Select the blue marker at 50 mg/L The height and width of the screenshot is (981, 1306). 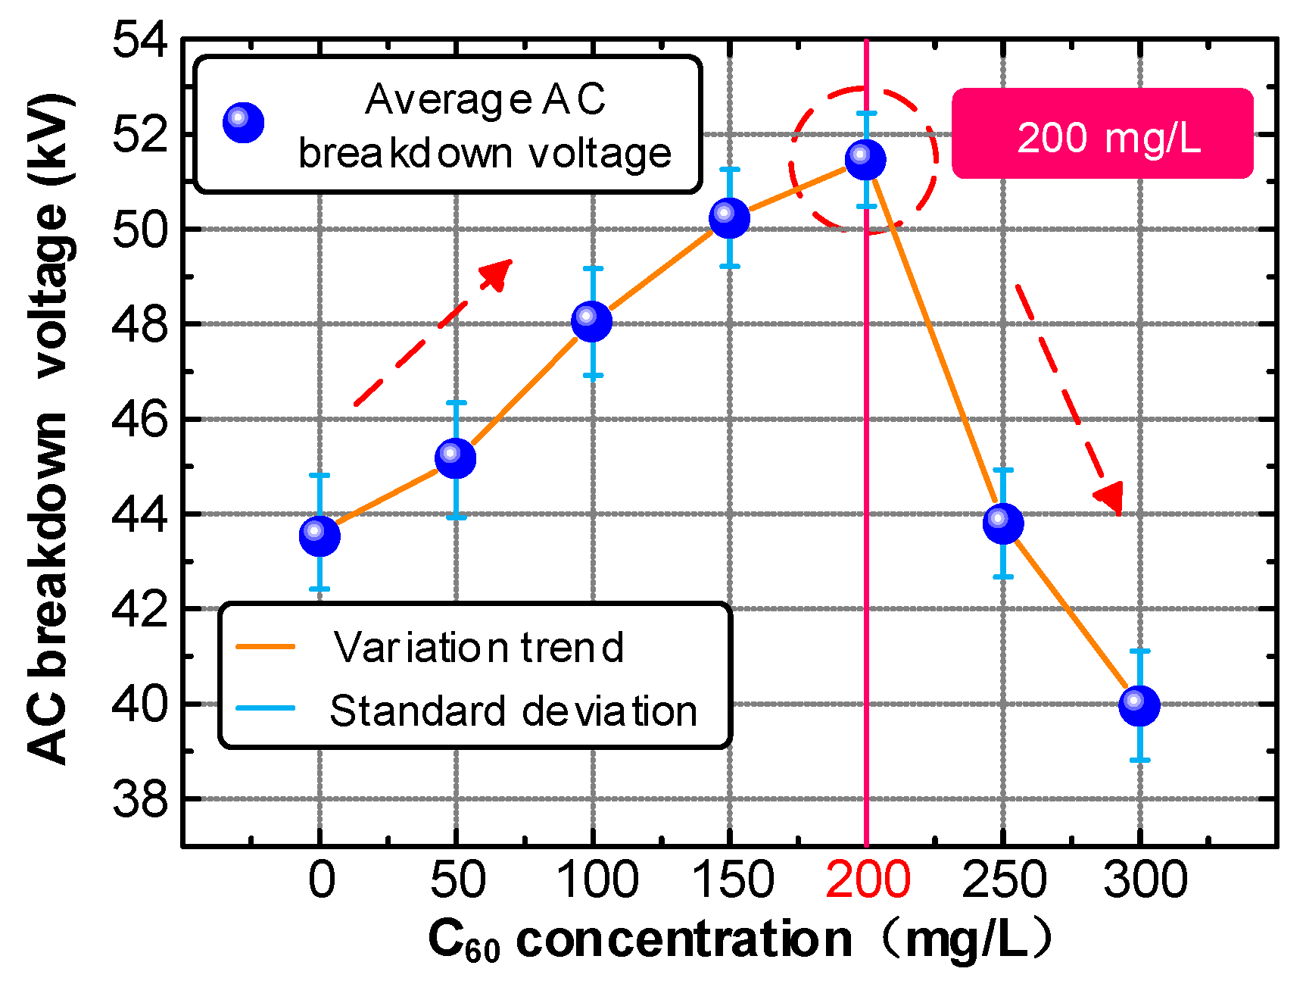click(x=456, y=458)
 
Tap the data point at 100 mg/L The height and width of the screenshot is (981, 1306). click(x=592, y=321)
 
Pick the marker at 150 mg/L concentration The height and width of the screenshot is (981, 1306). click(x=729, y=218)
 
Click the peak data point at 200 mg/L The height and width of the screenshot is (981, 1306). click(x=865, y=159)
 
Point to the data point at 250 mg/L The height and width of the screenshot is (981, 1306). click(x=1003, y=523)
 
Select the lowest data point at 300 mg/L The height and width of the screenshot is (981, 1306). click(x=1139, y=705)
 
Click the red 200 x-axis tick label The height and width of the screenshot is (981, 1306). click(x=868, y=879)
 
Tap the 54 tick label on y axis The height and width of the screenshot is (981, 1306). click(x=139, y=39)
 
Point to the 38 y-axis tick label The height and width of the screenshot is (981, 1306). click(x=139, y=799)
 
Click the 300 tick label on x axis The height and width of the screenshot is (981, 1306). click(x=1145, y=879)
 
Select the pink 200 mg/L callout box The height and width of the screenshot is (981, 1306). click(x=1102, y=134)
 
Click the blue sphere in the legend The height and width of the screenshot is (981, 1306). click(x=243, y=122)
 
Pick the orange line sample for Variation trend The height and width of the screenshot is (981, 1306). click(x=265, y=646)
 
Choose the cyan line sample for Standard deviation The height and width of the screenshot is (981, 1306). click(x=265, y=709)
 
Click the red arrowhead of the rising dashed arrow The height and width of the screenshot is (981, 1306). click(x=500, y=271)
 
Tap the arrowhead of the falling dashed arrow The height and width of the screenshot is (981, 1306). click(x=1111, y=498)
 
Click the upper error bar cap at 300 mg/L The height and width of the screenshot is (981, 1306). click(x=1139, y=651)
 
